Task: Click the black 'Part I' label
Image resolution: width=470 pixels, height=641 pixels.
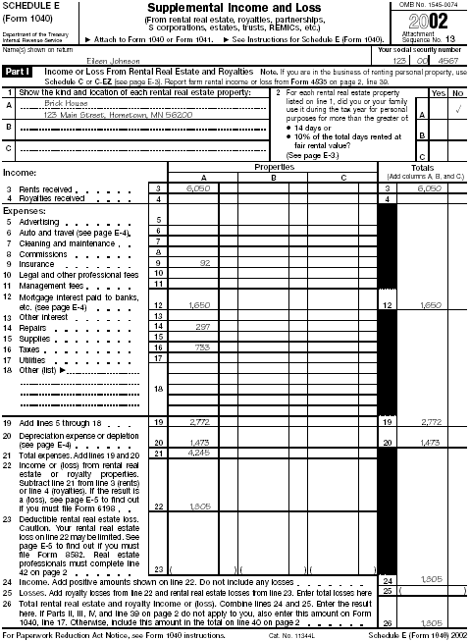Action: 18,73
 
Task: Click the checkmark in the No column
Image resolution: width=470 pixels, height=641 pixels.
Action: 456,110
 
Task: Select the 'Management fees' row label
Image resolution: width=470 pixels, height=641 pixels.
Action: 43,285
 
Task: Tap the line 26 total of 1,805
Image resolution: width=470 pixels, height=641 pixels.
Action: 431,623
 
